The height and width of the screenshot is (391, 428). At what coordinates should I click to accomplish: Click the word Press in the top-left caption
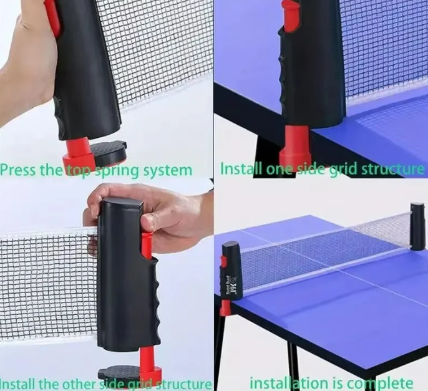(x=18, y=170)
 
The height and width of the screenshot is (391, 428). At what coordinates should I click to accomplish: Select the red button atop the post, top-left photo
(x=52, y=16)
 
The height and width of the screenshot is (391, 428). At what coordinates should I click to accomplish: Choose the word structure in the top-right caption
(x=393, y=168)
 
